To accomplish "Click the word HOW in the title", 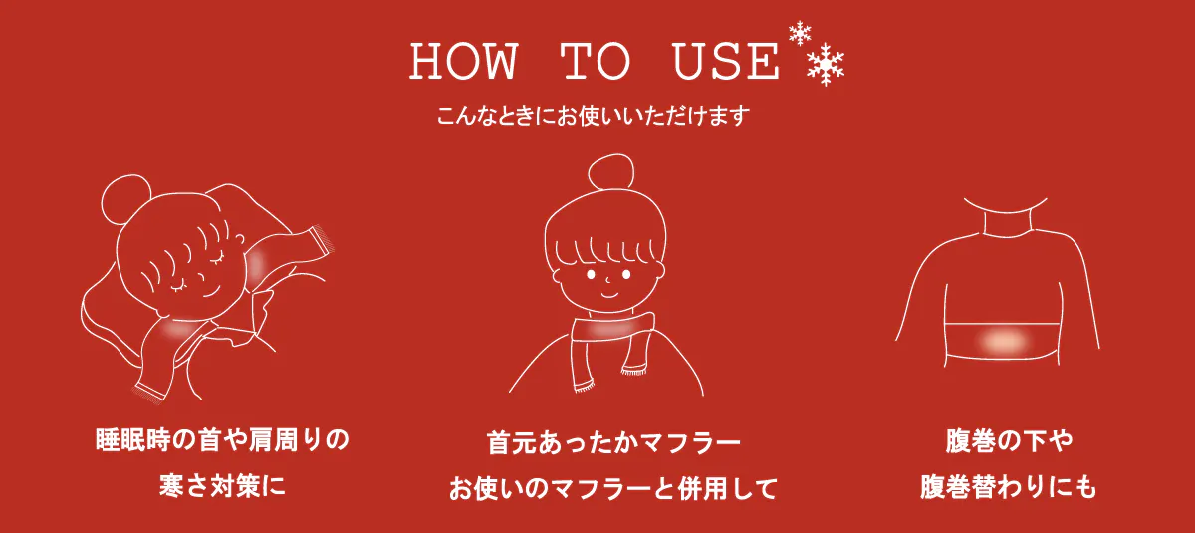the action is coord(464,62).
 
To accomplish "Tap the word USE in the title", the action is coord(726,62).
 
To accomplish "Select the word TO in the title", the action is coord(596,62).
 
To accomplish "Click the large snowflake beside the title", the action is coord(826,64).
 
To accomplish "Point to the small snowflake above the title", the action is coord(800,33).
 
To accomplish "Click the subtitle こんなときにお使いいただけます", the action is coord(594,116).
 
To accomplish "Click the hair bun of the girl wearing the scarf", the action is coord(611,171).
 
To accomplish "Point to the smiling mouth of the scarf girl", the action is coord(609,294).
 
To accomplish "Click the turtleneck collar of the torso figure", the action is coord(1006,217).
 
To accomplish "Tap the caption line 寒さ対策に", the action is coord(222,485).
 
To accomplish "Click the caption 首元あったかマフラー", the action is coord(613,442).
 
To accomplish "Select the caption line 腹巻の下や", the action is coord(1009,441).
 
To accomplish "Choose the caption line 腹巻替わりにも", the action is coord(1009,486).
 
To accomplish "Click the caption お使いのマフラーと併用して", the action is coord(613,489).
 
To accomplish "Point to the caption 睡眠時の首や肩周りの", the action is coord(222,440).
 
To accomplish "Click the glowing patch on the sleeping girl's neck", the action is coord(177,330).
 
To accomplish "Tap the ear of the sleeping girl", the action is coord(241,241).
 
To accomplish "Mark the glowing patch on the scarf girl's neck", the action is coord(613,329).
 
